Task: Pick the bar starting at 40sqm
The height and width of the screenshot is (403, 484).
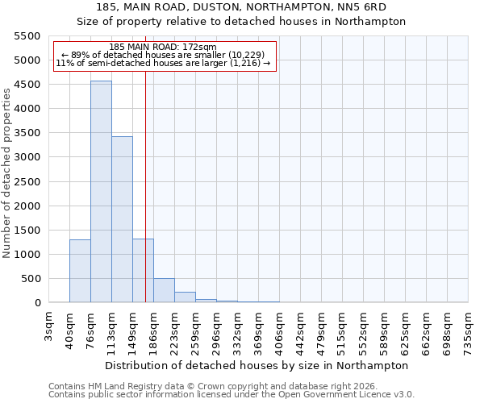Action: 80,271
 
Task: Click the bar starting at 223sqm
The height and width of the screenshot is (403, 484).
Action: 185,297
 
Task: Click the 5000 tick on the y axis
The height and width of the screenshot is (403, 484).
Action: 28,60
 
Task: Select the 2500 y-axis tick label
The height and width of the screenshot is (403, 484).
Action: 28,182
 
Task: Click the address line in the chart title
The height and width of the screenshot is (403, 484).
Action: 241,7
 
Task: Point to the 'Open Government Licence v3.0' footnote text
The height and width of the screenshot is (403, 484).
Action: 348,395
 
